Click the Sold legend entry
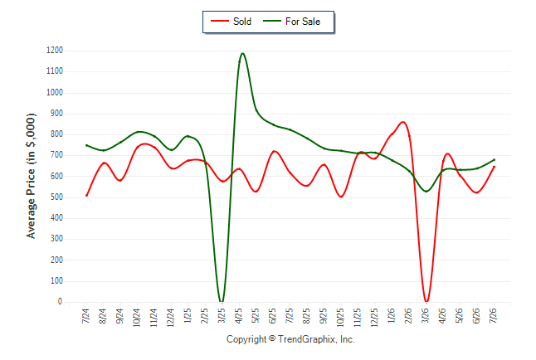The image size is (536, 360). click(x=231, y=22)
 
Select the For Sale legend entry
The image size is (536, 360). click(x=291, y=22)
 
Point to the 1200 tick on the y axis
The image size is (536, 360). click(x=55, y=51)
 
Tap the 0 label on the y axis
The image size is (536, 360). click(x=61, y=302)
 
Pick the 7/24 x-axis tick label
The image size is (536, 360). click(x=85, y=316)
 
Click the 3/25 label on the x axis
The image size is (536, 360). click(x=222, y=316)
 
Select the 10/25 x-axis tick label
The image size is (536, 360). click(x=340, y=318)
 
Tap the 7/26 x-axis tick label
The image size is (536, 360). click(x=493, y=316)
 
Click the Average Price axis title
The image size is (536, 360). click(x=31, y=176)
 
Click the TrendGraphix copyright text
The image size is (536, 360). click(x=290, y=339)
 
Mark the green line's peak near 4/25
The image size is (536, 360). click(x=242, y=53)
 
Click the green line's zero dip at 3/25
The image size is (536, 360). click(x=222, y=302)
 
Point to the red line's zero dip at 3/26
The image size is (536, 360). click(x=426, y=301)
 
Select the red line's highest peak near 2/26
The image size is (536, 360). click(x=403, y=122)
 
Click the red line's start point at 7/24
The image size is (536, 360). click(x=86, y=196)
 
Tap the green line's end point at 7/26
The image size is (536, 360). click(x=494, y=160)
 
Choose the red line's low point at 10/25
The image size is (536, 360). click(x=341, y=197)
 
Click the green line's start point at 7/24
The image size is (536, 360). click(x=86, y=145)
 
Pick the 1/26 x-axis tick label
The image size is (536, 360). click(x=391, y=316)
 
